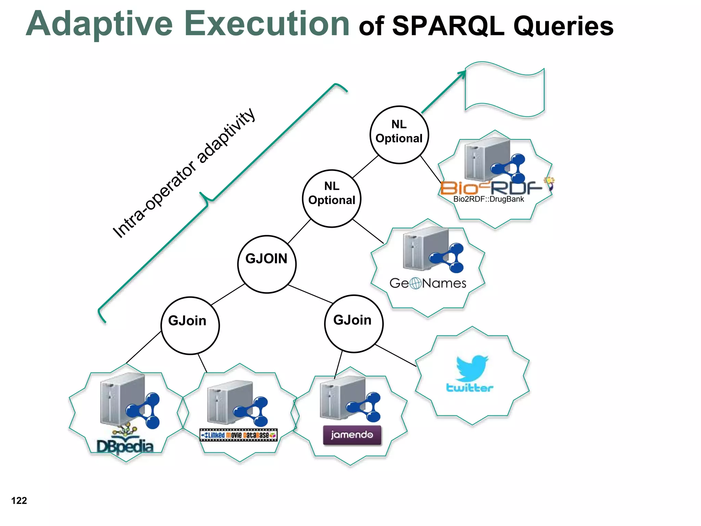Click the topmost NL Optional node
(x=399, y=135)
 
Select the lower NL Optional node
(x=332, y=199)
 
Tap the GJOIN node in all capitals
(x=267, y=264)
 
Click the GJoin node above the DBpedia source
(x=190, y=325)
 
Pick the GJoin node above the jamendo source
(x=354, y=324)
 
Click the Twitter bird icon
(x=472, y=368)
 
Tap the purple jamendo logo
(x=352, y=435)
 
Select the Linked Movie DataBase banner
(x=239, y=435)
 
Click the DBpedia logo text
(x=125, y=446)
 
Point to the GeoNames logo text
(x=428, y=283)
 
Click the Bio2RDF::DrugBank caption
(x=488, y=199)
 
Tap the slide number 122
(x=19, y=501)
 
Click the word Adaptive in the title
(x=99, y=24)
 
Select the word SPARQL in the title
(x=448, y=26)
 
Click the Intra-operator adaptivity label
(x=184, y=173)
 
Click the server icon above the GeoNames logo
(x=426, y=248)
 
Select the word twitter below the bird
(x=470, y=388)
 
